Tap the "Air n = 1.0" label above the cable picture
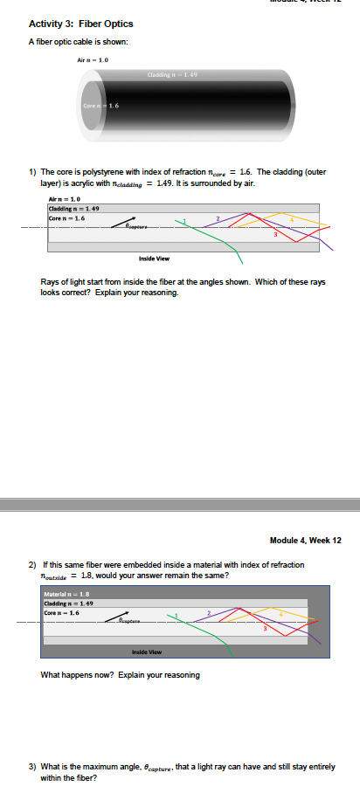point(93,59)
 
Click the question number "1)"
point(33,172)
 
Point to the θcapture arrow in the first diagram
point(127,225)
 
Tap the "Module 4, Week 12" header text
point(306,540)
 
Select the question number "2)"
point(33,566)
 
